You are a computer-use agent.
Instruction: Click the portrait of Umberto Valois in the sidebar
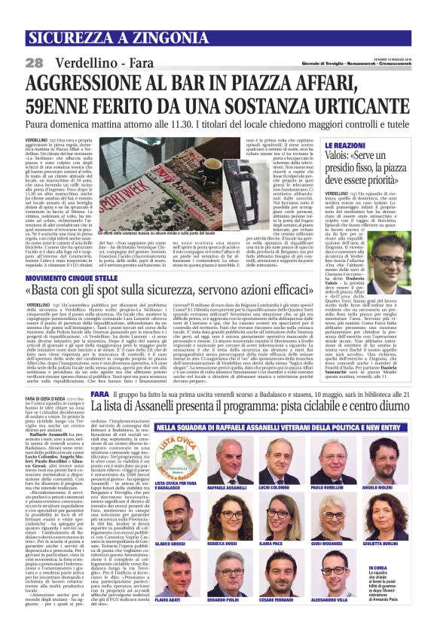(x=395, y=268)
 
